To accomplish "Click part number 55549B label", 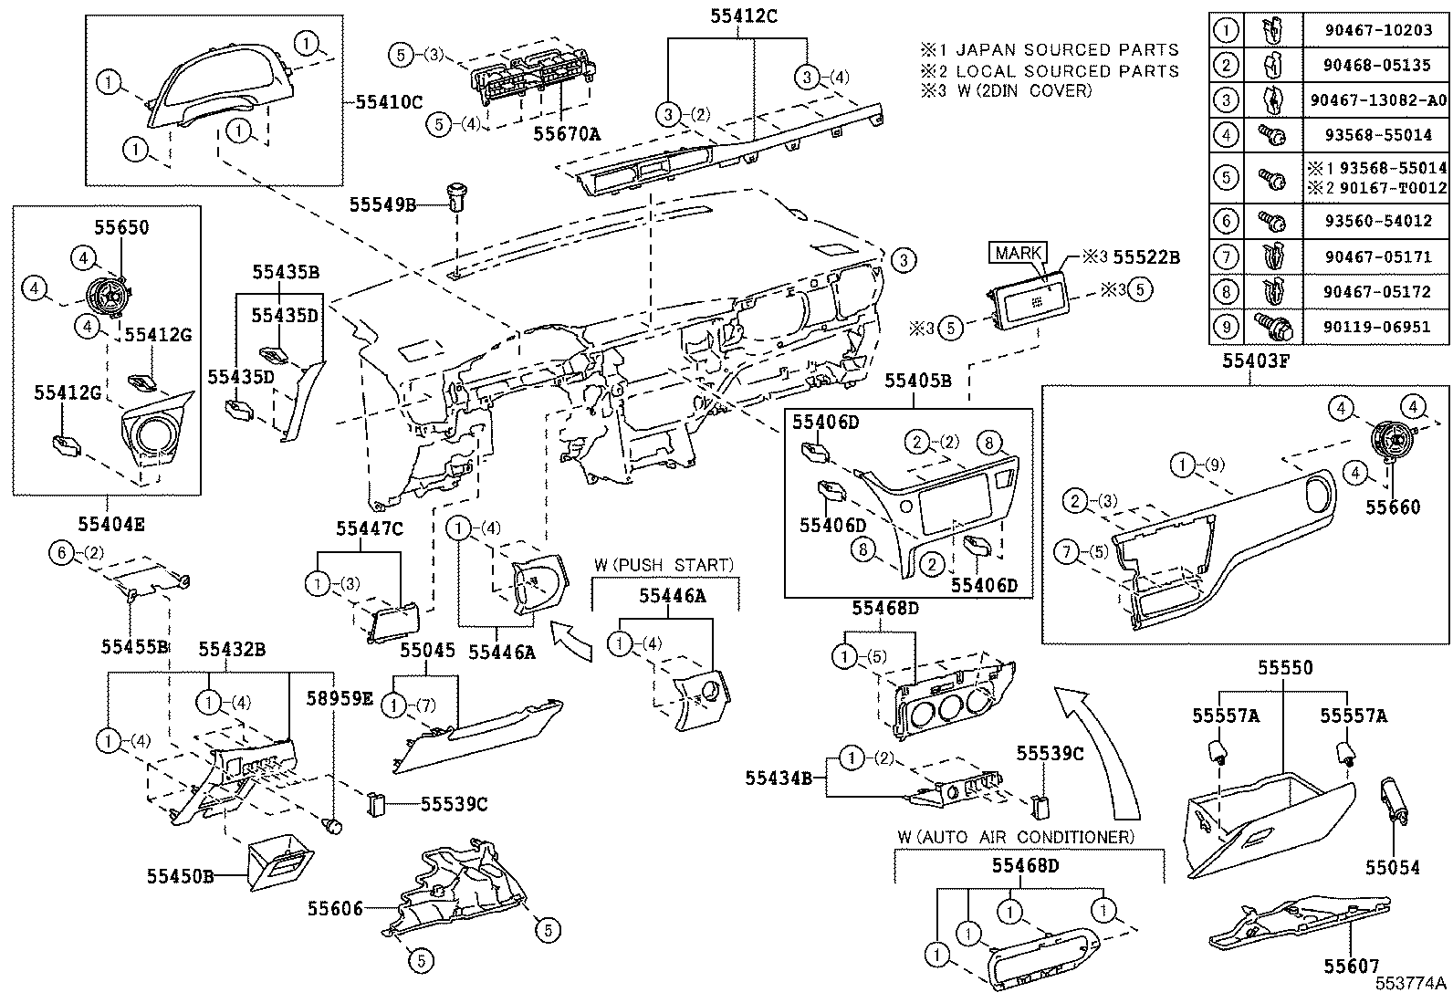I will point(382,205).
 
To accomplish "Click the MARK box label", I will point(1019,253).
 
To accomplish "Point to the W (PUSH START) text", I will point(664,566).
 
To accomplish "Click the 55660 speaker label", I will point(1393,507).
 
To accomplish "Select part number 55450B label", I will point(180,876).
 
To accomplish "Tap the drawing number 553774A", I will point(1412,983).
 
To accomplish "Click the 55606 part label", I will point(335,908).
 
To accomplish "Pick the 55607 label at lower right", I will point(1352,966).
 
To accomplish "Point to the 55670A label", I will point(566,134).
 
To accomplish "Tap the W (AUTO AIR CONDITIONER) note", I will point(1016,837).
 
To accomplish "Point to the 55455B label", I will point(135,647).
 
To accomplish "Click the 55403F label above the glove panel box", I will point(1256,360).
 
